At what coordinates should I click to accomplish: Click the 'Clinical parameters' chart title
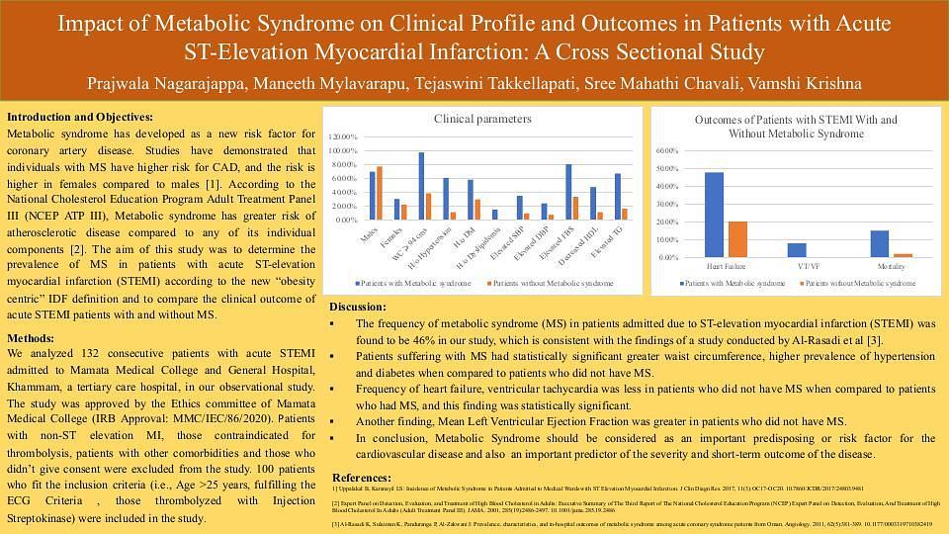(482, 119)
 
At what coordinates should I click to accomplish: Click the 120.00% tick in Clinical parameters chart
(345, 135)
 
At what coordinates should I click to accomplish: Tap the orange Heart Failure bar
(737, 239)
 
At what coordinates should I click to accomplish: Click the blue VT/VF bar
(797, 250)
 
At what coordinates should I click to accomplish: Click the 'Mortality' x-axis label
(892, 267)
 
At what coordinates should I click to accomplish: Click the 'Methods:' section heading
(31, 338)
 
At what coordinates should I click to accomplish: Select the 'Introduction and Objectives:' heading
(80, 116)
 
